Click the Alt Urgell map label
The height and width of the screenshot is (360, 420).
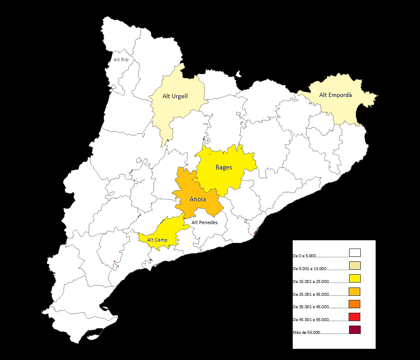tap(175, 97)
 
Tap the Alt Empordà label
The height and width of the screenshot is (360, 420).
tap(335, 95)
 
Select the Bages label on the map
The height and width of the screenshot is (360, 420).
tap(224, 167)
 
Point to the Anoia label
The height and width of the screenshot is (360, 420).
tap(198, 199)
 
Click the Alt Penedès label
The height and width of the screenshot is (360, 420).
tap(204, 222)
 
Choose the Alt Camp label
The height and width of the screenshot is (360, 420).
tap(158, 240)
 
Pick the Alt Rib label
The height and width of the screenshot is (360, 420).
tap(121, 60)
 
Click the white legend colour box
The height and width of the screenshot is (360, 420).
tap(354, 253)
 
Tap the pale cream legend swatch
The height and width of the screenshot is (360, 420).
tap(354, 266)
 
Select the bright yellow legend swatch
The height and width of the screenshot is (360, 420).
tap(354, 278)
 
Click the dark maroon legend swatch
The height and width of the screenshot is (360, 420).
tap(354, 330)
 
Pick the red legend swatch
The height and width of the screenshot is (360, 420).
tap(354, 317)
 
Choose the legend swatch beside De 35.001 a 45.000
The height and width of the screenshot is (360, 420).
tap(354, 304)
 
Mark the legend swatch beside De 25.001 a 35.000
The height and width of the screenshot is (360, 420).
tap(354, 291)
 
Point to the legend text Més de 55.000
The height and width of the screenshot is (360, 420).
tap(306, 333)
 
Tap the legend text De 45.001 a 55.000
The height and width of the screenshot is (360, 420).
tap(311, 320)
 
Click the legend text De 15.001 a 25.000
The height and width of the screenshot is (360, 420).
tap(311, 282)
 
